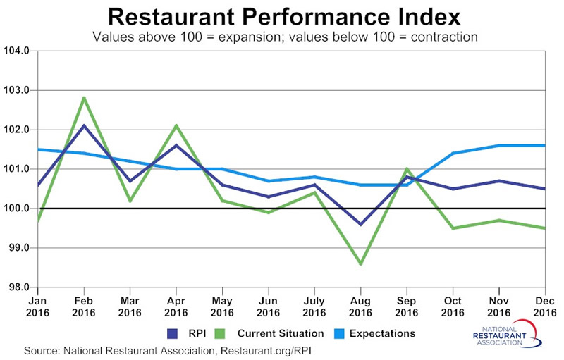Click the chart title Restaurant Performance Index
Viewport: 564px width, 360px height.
point(282,15)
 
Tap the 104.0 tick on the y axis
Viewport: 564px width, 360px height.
point(18,51)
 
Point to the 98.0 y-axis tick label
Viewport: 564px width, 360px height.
point(18,287)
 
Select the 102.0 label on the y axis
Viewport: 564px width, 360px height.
point(18,130)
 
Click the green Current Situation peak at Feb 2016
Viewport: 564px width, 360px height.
point(84,98)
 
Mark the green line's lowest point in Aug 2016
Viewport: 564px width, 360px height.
point(361,263)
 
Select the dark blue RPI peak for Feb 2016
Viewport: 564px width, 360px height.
point(84,125)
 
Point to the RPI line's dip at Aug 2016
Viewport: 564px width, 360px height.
point(361,224)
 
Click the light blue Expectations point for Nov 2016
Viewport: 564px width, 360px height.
point(499,146)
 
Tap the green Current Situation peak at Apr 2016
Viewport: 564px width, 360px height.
point(176,125)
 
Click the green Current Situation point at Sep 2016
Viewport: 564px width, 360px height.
point(407,169)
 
